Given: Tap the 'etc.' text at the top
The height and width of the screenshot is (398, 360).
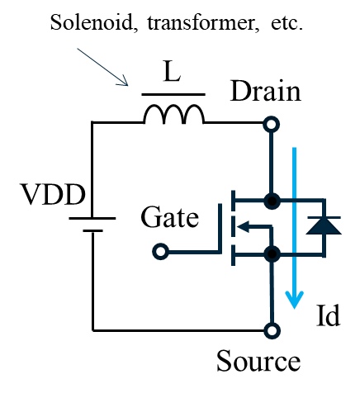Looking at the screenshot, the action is [x=287, y=23].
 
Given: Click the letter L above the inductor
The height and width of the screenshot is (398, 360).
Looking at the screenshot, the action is [x=172, y=72].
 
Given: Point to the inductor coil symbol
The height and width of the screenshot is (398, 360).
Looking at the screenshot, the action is [x=173, y=114].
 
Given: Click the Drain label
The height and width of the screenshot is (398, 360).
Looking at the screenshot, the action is [x=266, y=92].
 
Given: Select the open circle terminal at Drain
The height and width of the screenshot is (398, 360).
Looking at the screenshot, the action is [x=272, y=125].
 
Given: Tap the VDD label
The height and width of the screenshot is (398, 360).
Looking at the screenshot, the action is [x=53, y=194].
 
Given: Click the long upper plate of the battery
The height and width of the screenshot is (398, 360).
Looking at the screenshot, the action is [x=92, y=218].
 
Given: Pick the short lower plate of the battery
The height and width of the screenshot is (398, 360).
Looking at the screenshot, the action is [x=92, y=230].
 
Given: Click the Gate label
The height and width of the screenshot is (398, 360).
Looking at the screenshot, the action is [x=170, y=217].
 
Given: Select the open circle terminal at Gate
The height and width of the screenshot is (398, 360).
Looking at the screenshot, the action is [x=160, y=252].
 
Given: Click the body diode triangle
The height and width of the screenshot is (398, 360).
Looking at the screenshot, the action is [x=324, y=226].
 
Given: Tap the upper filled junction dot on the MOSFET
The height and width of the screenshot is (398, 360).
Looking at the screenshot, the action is [x=272, y=201].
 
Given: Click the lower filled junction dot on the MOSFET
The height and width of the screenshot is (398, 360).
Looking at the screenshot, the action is [x=272, y=253].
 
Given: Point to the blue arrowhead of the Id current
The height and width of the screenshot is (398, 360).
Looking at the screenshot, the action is [x=295, y=300].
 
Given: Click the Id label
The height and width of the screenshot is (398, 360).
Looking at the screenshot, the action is [x=328, y=315].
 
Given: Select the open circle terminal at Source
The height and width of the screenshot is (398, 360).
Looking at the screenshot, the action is [x=272, y=330].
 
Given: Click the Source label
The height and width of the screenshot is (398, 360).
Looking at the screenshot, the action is [x=258, y=361].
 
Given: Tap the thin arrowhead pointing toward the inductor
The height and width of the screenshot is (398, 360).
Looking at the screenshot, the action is [x=124, y=82].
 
